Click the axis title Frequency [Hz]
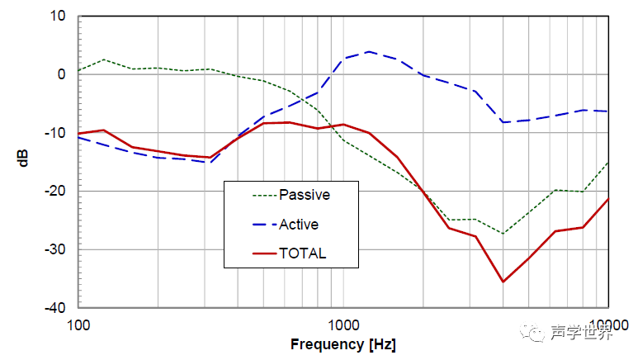point(343,343)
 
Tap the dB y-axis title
point(24,159)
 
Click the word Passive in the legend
point(305,196)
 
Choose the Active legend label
point(299,225)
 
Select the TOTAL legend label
point(303,253)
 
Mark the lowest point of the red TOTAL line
point(503,282)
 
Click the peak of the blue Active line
point(368,52)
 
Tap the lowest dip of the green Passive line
point(503,234)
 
